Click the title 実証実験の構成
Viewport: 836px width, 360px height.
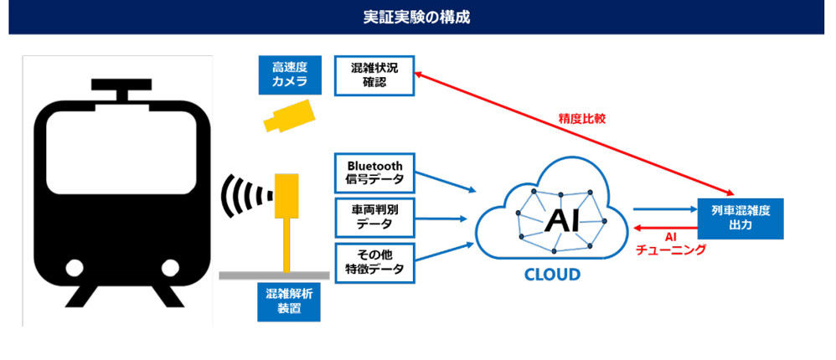(x=416, y=17)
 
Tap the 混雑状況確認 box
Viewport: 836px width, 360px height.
(x=374, y=75)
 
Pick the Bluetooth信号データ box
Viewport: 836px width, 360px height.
(x=374, y=173)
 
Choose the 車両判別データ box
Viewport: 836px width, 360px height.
(x=374, y=218)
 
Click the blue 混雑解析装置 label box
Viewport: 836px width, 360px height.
(x=288, y=301)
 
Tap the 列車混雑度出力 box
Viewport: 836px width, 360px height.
(x=741, y=218)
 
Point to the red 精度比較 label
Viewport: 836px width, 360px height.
(x=581, y=119)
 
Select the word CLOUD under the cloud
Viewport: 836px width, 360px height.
(x=552, y=275)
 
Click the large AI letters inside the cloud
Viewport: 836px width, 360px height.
(x=561, y=219)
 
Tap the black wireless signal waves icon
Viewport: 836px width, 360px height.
(x=245, y=195)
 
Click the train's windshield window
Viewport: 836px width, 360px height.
(x=121, y=152)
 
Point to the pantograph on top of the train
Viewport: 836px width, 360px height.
(x=121, y=90)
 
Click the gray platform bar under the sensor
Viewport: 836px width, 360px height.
(x=274, y=275)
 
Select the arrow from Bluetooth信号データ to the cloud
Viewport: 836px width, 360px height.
(x=445, y=182)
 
